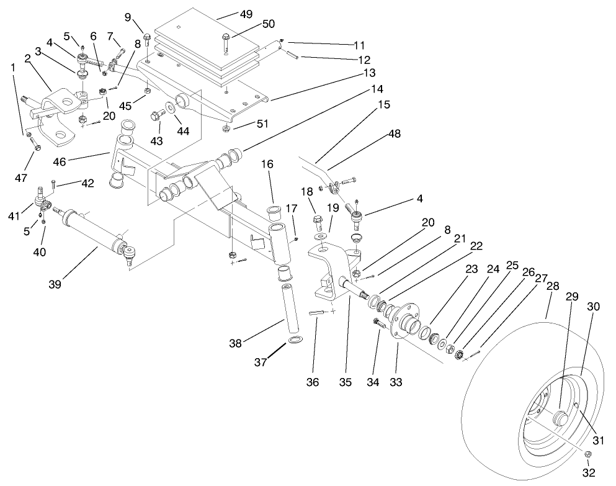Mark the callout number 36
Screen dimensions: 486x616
pyautogui.click(x=313, y=382)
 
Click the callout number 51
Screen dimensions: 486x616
pyautogui.click(x=263, y=124)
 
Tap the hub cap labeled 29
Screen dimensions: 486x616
pyautogui.click(x=561, y=416)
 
